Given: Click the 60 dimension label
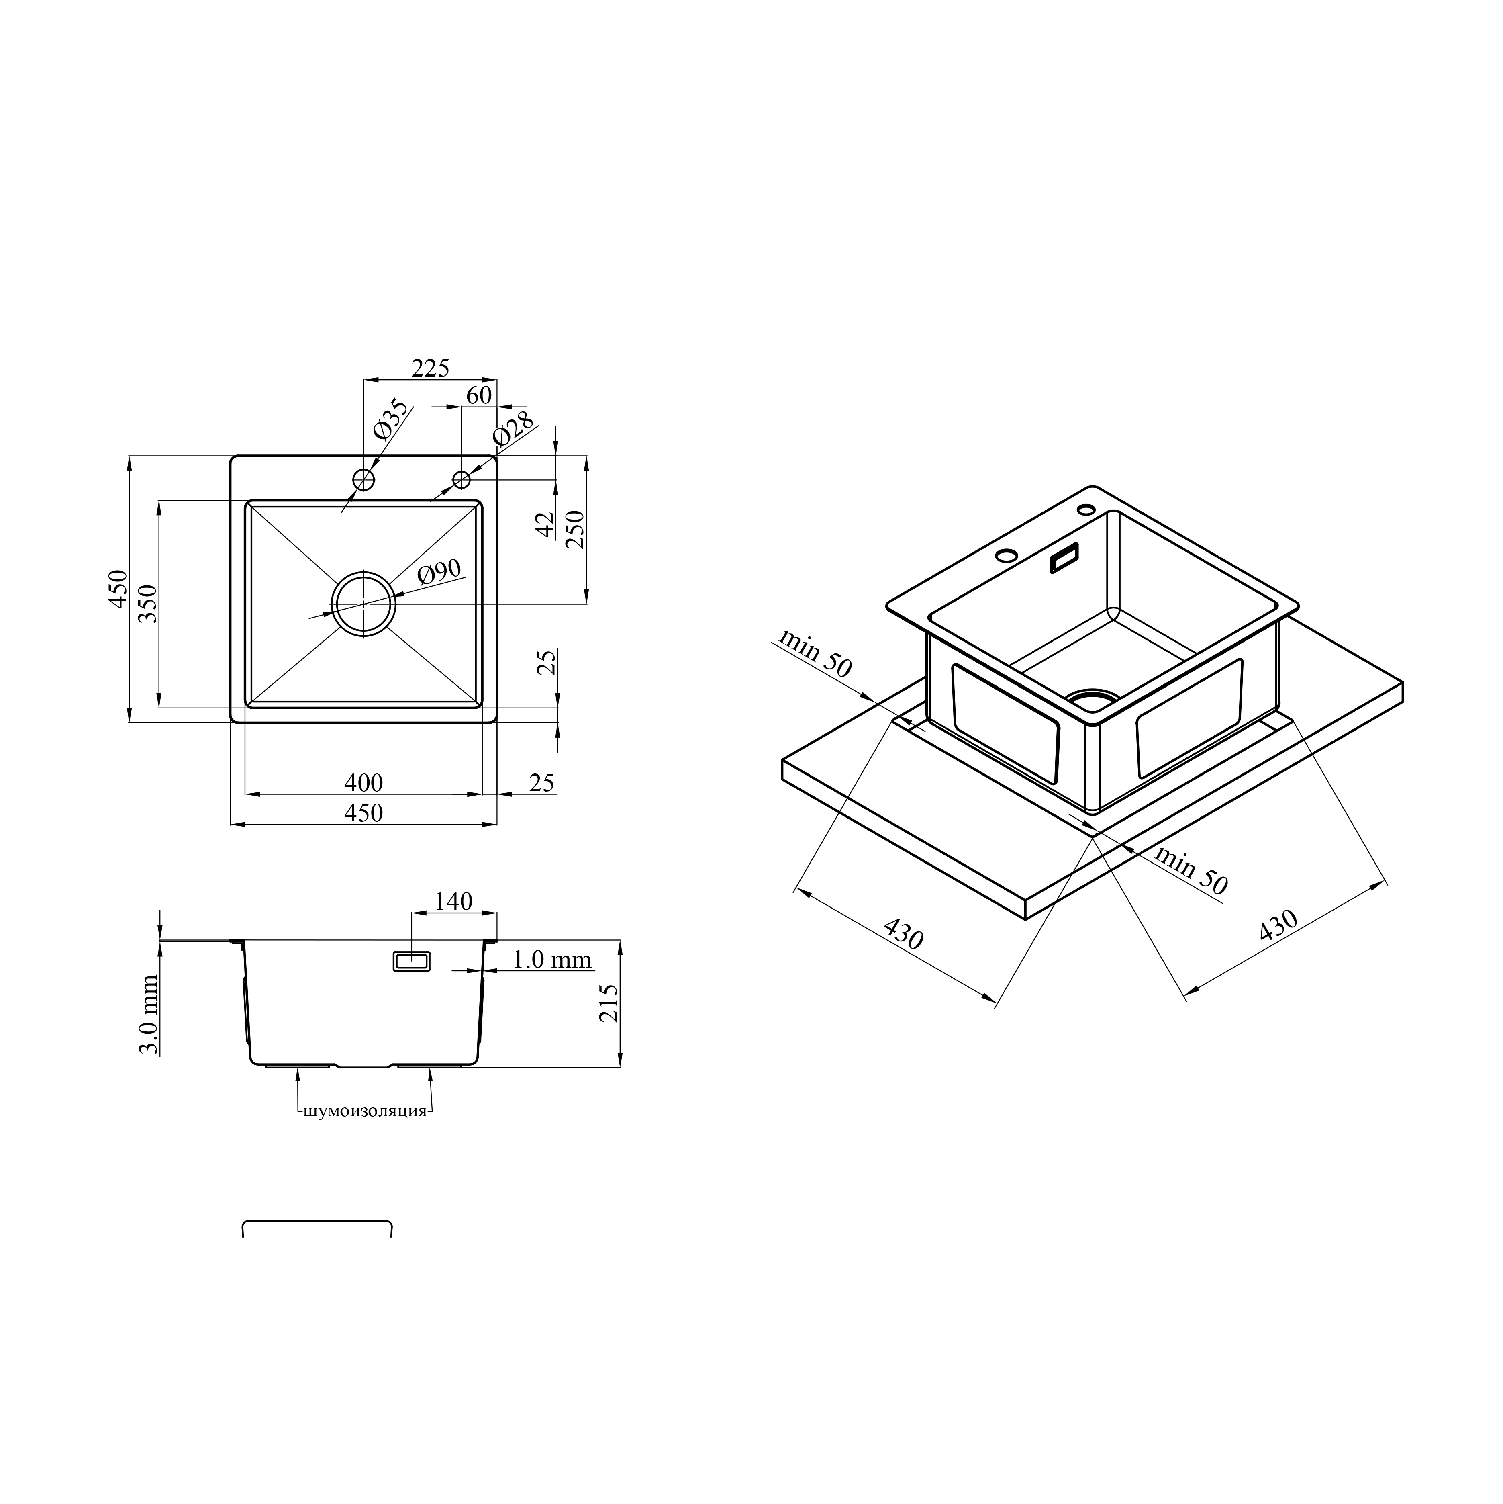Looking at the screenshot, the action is coord(480,395).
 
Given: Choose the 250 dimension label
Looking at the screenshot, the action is coord(575,529).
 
